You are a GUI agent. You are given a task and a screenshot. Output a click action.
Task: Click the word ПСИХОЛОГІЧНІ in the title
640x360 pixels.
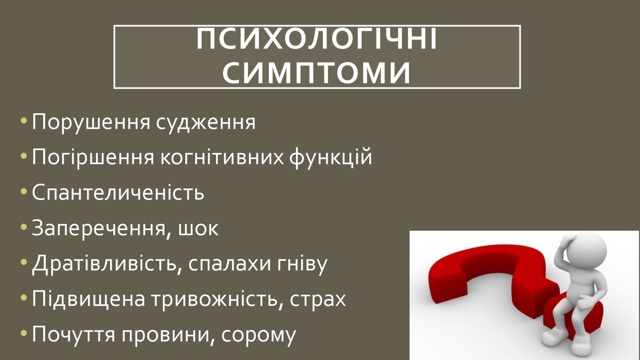[x=316, y=39]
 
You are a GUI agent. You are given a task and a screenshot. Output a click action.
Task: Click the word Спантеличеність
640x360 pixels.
[x=118, y=192]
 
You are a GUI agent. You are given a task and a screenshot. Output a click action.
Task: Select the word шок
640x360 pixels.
[x=198, y=229]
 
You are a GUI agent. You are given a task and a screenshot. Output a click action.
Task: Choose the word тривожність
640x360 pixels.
[x=215, y=299]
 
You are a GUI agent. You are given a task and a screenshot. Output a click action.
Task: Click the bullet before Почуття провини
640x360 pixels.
[x=24, y=333]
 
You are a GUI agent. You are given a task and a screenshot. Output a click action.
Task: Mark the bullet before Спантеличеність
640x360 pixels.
[x=24, y=191]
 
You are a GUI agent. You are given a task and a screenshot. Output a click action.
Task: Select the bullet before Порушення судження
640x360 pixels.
[x=24, y=120]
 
